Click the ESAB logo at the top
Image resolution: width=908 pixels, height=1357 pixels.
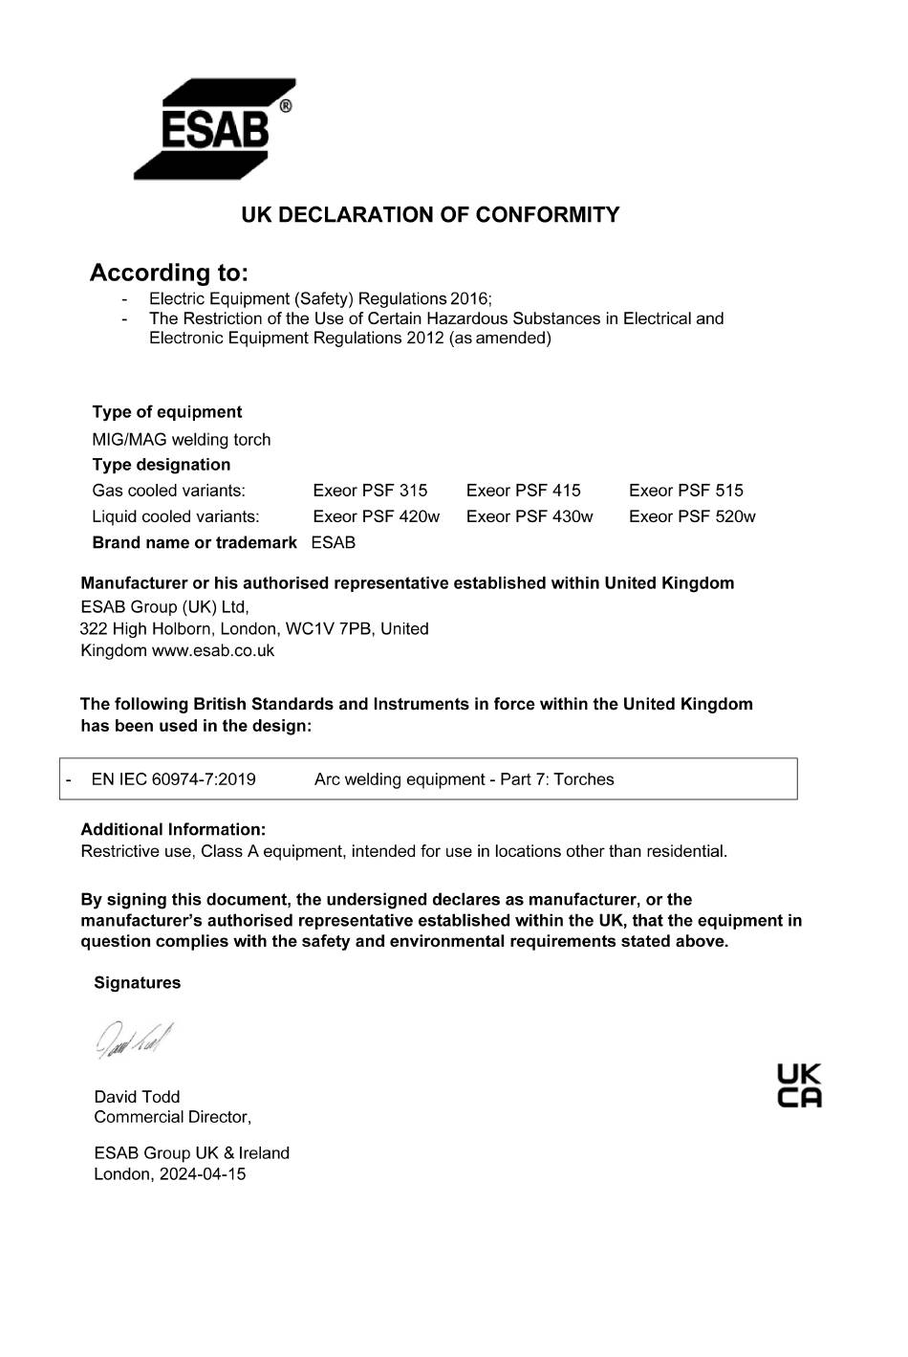214,129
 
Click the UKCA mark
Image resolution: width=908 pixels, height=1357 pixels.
799,1085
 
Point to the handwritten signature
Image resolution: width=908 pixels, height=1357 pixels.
134,1040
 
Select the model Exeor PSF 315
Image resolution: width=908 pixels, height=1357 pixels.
370,491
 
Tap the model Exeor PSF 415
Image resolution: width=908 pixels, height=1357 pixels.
523,491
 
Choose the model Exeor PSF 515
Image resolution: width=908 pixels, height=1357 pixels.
685,491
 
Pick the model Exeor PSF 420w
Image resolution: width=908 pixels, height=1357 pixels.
376,516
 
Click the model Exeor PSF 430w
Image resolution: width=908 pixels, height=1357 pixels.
530,516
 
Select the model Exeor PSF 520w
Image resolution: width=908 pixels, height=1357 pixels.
692,516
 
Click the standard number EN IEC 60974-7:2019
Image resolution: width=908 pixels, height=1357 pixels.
173,779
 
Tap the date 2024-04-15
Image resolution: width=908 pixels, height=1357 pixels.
203,1174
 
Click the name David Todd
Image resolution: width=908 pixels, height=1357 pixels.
137,1097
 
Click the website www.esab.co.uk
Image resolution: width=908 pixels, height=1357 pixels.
213,651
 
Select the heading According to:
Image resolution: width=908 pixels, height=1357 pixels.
168,274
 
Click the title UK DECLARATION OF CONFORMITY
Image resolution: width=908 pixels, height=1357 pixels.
430,215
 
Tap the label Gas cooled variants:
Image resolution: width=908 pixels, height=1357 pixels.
168,491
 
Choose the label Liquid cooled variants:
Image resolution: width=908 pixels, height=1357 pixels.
175,516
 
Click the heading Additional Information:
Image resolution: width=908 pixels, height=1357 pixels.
173,830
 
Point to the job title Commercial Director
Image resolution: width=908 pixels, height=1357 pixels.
172,1117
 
